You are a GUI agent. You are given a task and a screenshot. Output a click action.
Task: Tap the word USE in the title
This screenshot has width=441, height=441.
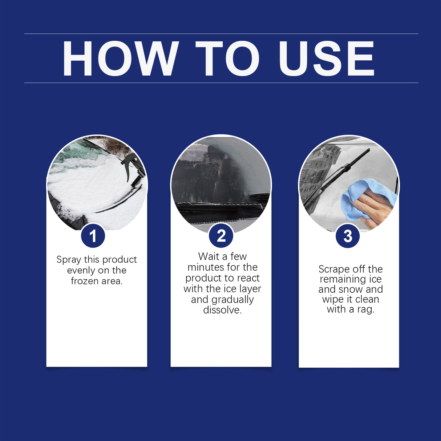coord(326,59)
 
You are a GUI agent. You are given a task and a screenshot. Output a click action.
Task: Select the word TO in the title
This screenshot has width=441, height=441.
coord(227,59)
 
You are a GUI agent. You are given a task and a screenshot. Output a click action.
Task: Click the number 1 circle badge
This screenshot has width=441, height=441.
coord(93,236)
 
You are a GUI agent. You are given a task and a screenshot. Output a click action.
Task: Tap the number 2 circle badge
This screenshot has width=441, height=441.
coord(221,236)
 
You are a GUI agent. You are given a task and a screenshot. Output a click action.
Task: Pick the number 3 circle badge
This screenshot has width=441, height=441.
coord(348,236)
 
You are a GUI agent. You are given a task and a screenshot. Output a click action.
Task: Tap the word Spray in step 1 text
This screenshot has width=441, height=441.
coord(69,260)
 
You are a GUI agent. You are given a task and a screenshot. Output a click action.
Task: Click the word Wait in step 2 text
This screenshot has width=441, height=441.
coord(209,256)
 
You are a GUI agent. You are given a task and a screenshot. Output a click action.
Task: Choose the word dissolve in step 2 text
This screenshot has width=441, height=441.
coord(222,310)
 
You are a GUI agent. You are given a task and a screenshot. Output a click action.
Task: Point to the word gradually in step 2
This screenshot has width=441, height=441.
coord(232,300)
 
